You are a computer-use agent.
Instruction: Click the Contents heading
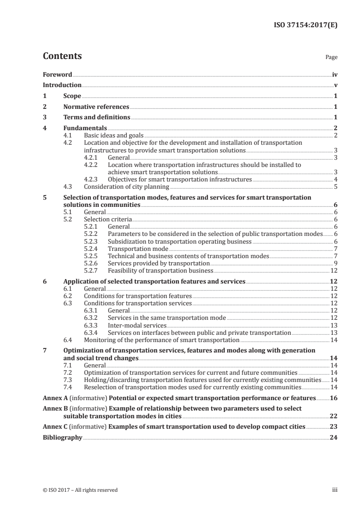coord(62,56)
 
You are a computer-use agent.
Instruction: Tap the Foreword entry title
coord(57,74)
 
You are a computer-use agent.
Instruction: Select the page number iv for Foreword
coord(335,74)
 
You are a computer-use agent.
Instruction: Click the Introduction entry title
coord(62,85)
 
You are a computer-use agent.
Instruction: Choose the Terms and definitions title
coord(97,118)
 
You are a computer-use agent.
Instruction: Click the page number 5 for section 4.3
coord(335,186)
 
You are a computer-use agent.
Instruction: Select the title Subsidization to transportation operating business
coord(179,242)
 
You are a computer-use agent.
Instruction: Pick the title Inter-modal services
coord(137,325)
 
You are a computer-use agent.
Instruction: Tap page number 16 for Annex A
coord(334,398)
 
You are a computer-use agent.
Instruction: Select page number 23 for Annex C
coord(334,427)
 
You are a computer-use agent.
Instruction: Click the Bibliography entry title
coord(62,438)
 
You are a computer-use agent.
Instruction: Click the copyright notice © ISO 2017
coord(80,490)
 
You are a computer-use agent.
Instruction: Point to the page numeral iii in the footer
coord(335,490)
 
